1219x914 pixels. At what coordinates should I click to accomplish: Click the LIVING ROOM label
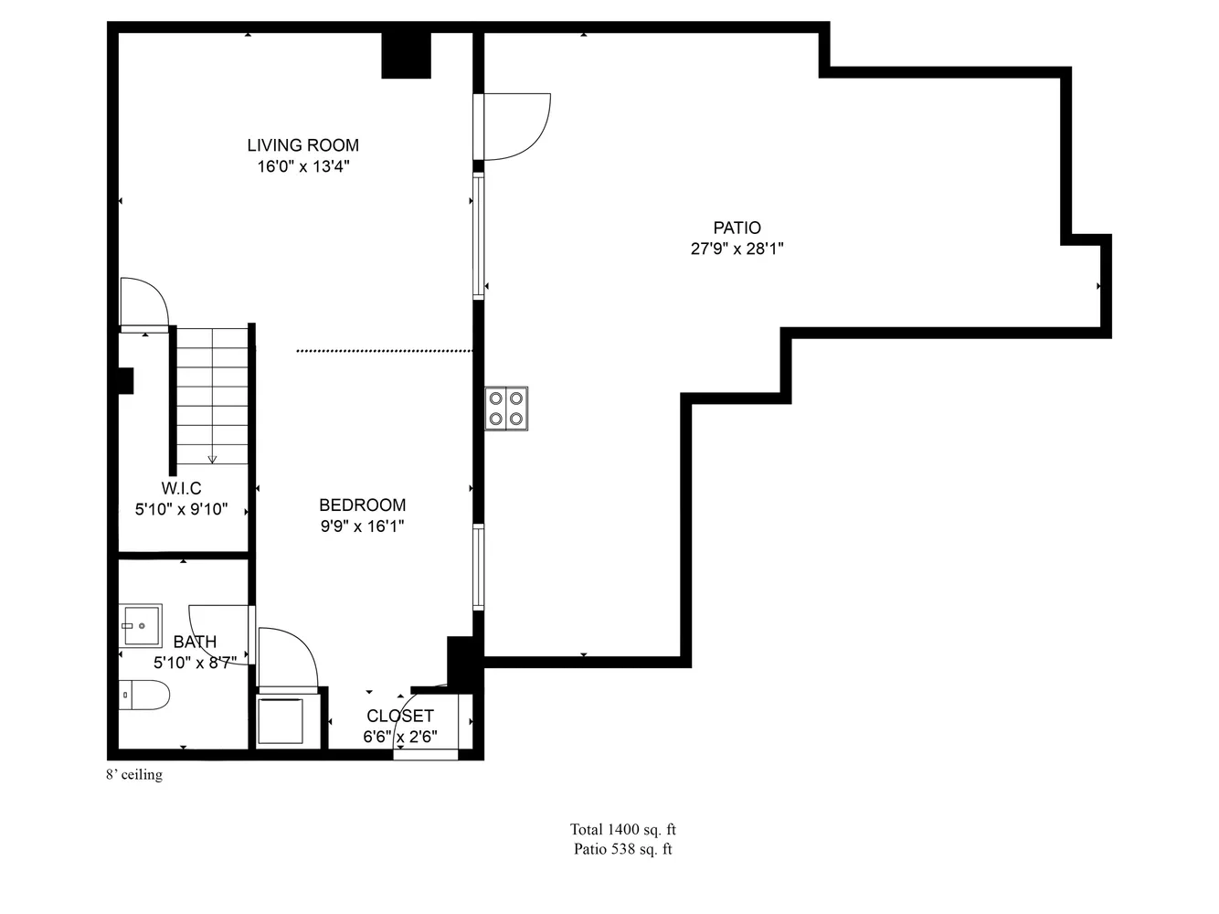(x=302, y=144)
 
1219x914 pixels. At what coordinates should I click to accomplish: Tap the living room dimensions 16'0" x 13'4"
(x=302, y=166)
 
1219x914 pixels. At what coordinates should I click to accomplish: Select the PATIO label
(x=737, y=228)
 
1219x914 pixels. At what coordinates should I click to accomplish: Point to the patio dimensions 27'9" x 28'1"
(x=737, y=249)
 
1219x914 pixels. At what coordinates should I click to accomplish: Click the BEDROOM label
(x=362, y=505)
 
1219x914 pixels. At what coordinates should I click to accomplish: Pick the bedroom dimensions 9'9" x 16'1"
(x=362, y=526)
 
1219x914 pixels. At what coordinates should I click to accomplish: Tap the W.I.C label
(x=181, y=489)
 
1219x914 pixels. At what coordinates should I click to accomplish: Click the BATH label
(x=195, y=642)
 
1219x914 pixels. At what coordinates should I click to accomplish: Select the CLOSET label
(x=400, y=716)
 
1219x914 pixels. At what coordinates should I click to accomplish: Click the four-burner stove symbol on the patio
(x=506, y=409)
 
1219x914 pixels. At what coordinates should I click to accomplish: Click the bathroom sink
(x=141, y=625)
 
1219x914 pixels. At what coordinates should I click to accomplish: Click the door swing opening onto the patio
(x=516, y=126)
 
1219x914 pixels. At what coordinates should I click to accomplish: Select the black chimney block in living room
(x=405, y=55)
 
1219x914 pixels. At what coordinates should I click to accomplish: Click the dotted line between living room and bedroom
(x=384, y=350)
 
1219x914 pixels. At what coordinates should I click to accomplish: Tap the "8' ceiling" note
(x=134, y=775)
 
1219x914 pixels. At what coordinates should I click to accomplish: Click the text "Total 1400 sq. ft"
(x=622, y=830)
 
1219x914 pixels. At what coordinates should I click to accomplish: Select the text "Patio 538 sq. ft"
(x=622, y=849)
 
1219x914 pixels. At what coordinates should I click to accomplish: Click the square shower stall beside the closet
(x=281, y=721)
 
